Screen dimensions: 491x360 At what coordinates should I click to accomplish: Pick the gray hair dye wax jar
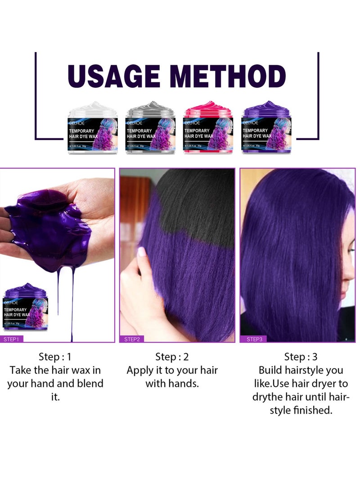coord(150,128)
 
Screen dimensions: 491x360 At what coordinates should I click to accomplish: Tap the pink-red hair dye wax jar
coord(208,128)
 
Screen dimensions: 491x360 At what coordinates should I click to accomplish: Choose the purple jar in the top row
coord(265,128)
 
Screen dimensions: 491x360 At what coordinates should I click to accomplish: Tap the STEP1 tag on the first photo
coord(11,339)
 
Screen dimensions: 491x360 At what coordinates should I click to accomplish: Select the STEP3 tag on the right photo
coord(254,339)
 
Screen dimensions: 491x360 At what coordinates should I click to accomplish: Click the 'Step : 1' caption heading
coord(55,357)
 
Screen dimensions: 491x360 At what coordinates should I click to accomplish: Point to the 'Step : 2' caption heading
coord(172,357)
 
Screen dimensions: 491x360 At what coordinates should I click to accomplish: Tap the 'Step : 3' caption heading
coord(301,357)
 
